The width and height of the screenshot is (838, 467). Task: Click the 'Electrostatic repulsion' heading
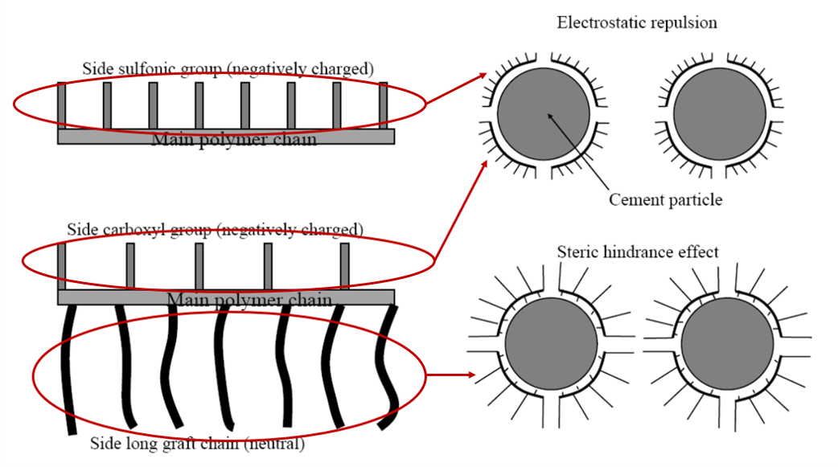(x=637, y=23)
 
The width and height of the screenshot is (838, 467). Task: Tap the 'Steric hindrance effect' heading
(x=638, y=252)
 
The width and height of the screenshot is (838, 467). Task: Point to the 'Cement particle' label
(x=665, y=199)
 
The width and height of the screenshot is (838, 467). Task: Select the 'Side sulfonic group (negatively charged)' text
(x=228, y=68)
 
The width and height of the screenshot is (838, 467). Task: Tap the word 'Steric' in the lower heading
(x=577, y=252)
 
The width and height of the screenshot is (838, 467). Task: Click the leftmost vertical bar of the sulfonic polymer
(x=62, y=105)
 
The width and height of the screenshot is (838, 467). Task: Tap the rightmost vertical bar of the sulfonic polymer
(x=383, y=105)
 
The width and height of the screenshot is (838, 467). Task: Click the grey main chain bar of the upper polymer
(x=225, y=137)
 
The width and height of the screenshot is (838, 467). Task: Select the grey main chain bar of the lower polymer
(x=225, y=297)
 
